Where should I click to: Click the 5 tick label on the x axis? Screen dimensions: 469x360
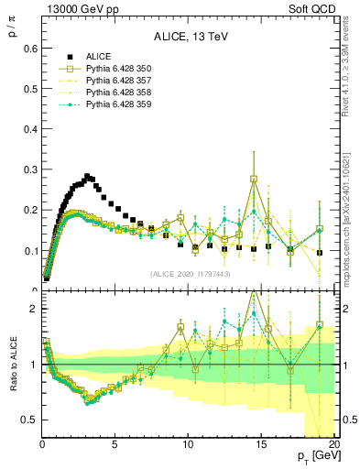point(115,445)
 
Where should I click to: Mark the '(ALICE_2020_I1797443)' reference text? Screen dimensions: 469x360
point(190,274)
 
